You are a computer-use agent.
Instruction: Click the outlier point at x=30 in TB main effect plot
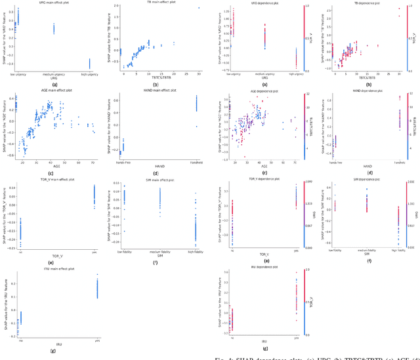pyautogui.click(x=199, y=9)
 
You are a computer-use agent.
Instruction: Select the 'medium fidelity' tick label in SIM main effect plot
pyautogui.click(x=159, y=250)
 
